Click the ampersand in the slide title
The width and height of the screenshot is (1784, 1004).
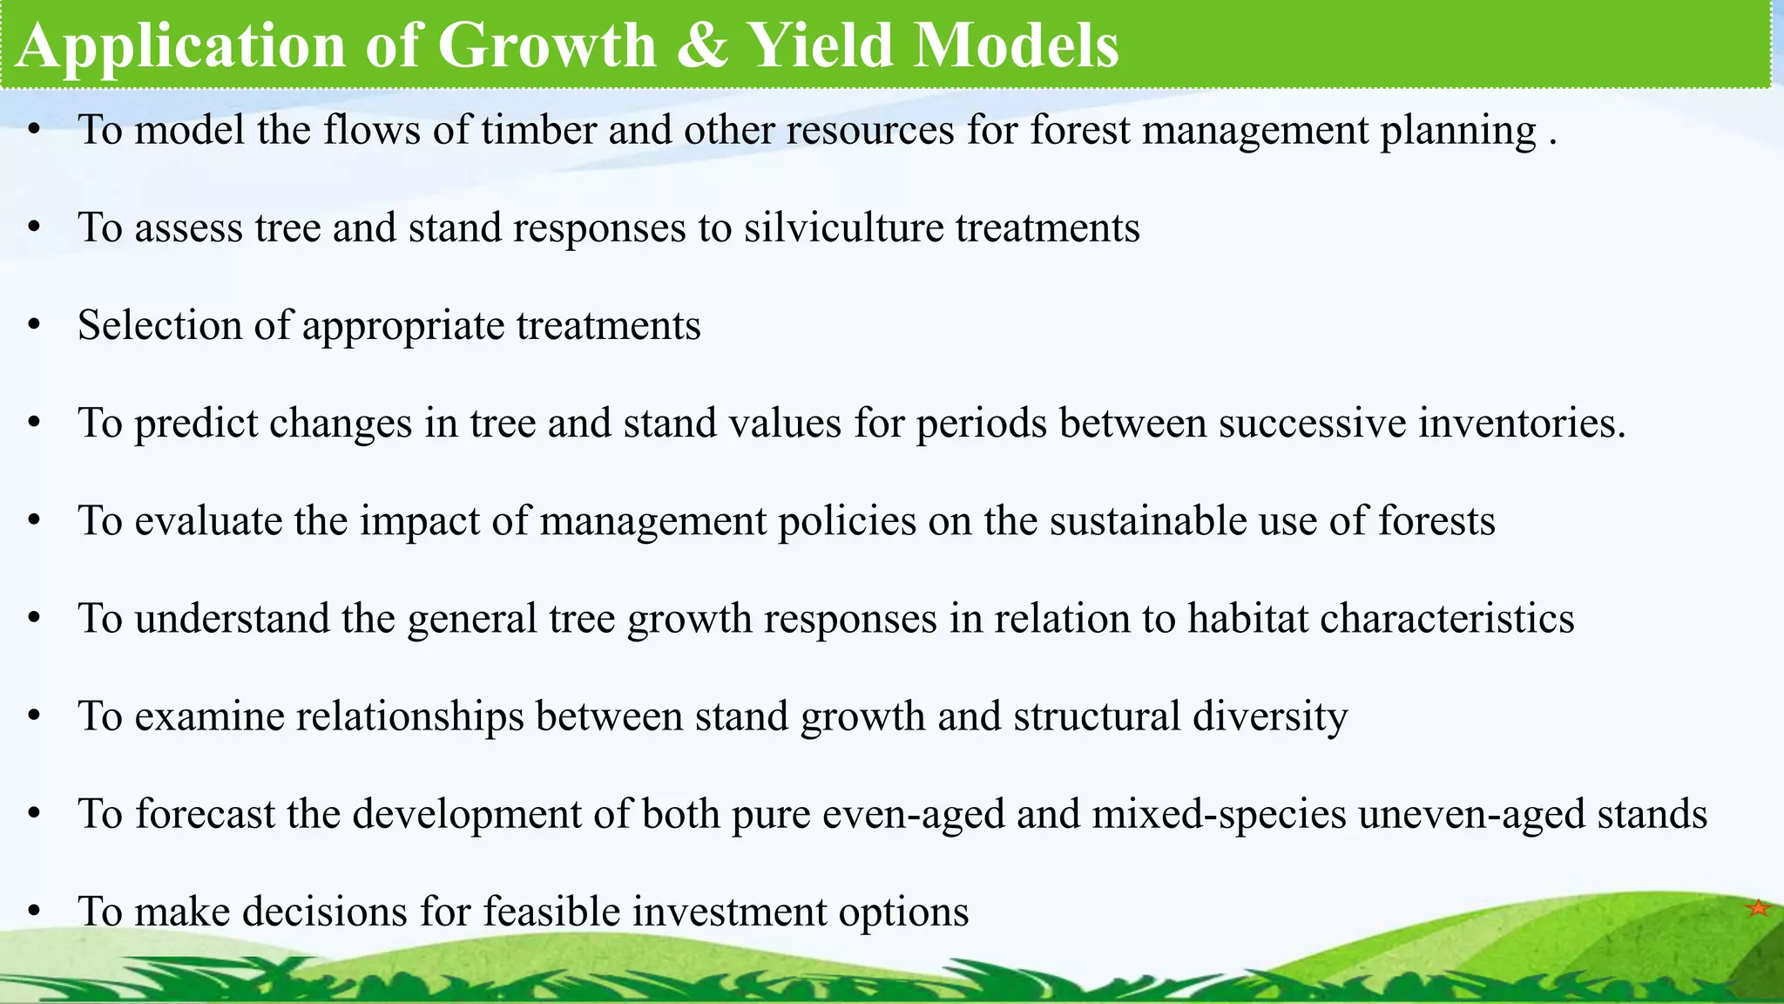click(701, 45)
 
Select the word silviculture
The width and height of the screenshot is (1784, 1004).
click(843, 228)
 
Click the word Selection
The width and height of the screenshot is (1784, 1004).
click(159, 326)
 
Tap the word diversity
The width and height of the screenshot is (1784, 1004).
click(1269, 716)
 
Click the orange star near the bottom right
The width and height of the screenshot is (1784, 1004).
click(1758, 908)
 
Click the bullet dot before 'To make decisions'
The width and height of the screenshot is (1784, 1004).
click(34, 912)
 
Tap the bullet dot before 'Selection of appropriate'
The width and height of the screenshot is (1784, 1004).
click(34, 326)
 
